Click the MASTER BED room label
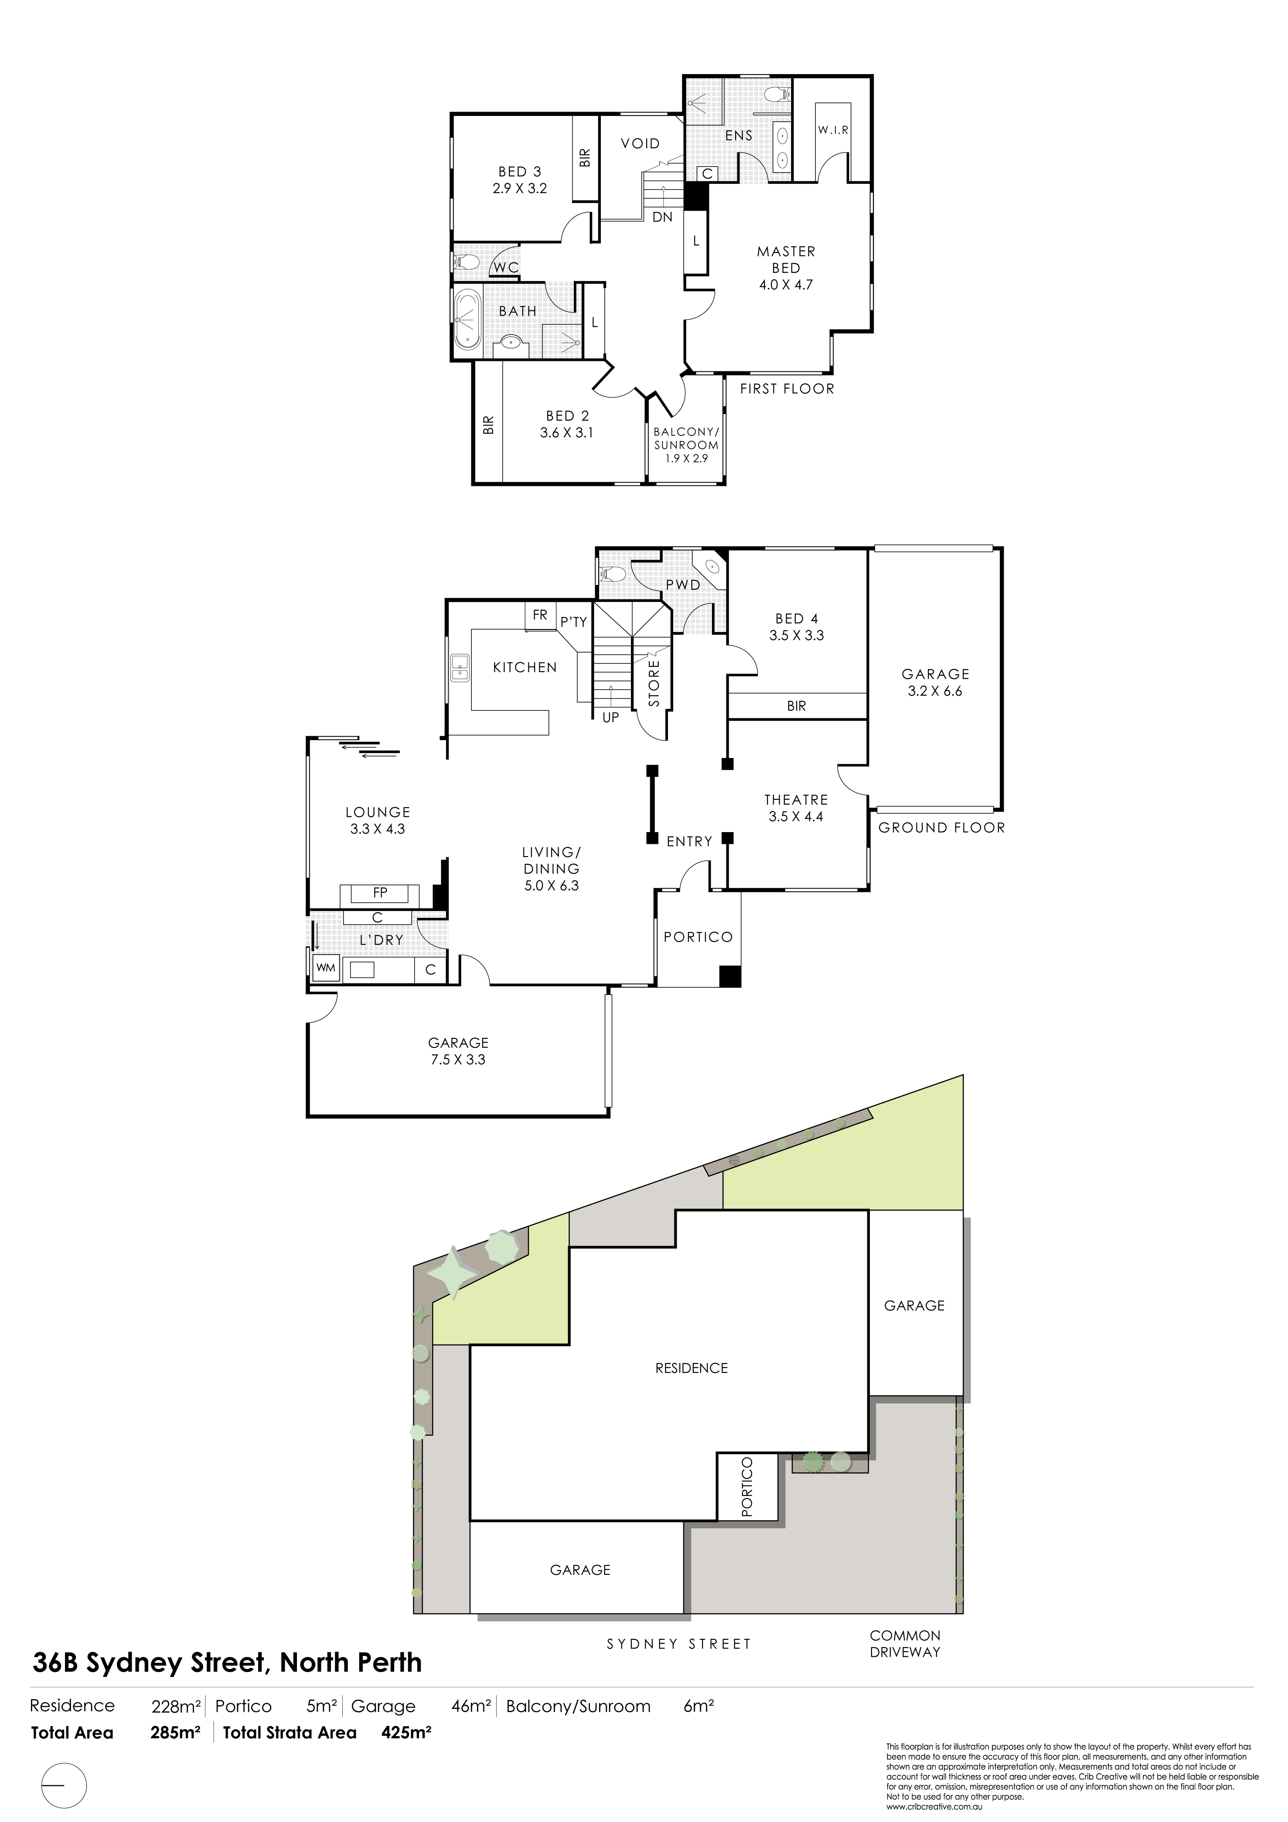786,259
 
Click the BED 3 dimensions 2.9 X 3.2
520,189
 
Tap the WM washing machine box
325,968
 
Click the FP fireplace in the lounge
380,894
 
